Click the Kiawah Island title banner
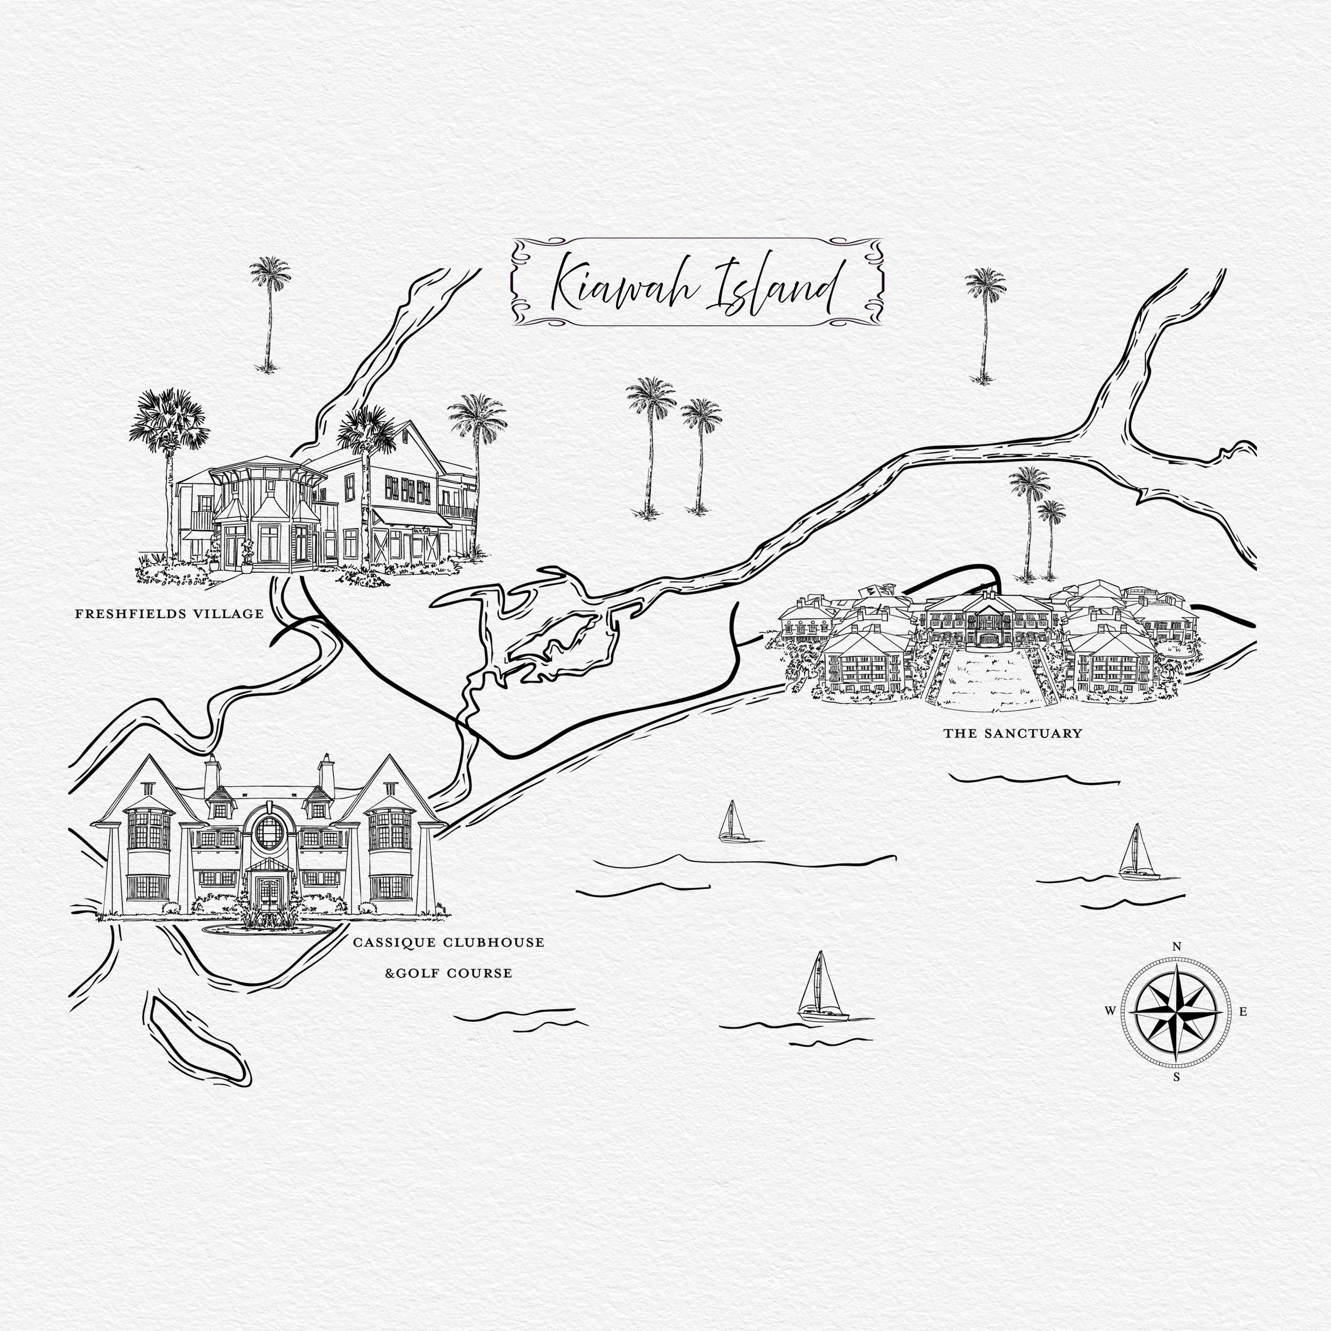point(696,283)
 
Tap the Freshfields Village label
point(169,614)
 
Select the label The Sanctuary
point(1012,734)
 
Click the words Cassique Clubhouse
point(448,942)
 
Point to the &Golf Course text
point(448,973)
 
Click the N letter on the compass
point(1177,947)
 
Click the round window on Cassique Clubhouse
point(269,832)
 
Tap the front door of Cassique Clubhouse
point(265,894)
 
